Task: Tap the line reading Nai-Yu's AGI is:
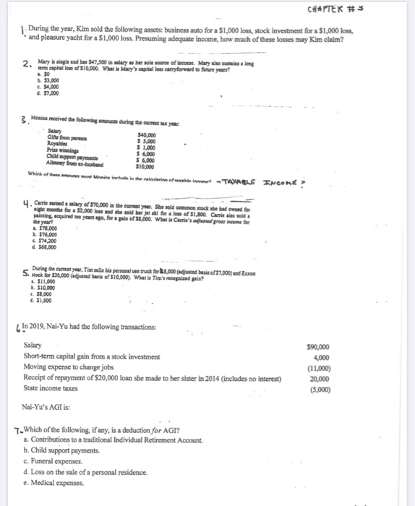pos(48,406)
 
